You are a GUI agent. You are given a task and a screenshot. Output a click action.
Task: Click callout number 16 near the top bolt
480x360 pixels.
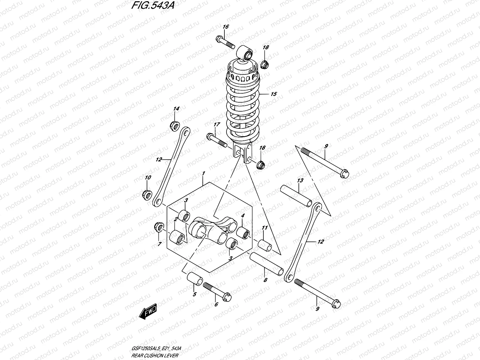pos(226,27)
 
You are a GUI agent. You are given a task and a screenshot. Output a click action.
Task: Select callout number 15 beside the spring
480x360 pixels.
pos(273,94)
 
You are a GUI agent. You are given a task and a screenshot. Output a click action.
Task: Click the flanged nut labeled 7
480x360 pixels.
pos(159,227)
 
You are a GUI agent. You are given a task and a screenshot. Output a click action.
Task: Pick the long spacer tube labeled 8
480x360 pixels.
pos(267,263)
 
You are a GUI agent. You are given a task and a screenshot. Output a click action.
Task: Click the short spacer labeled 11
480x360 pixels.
pos(265,245)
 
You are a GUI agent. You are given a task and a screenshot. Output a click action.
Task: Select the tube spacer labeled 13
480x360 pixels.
pos(296,196)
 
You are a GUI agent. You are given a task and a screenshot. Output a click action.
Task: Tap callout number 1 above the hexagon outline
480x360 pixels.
pos(203,173)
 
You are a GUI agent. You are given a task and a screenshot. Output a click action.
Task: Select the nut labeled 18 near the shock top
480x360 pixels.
pos(265,64)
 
